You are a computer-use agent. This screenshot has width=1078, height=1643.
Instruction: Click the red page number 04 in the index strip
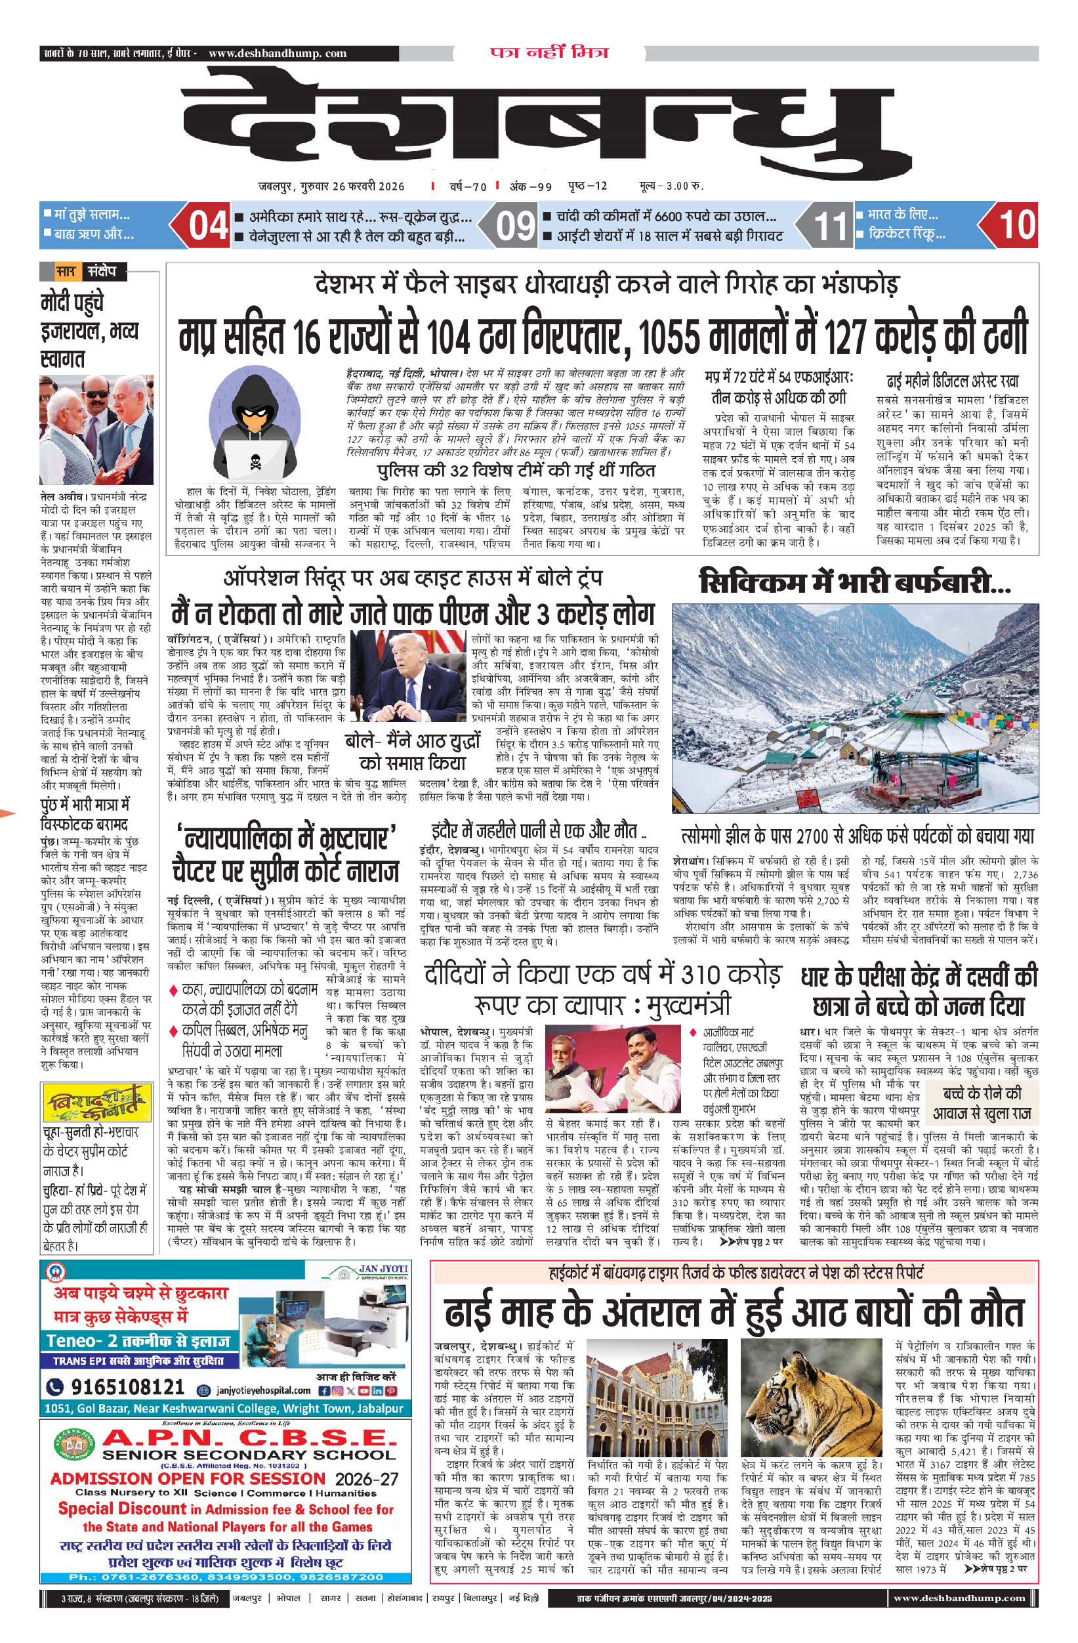pos(208,226)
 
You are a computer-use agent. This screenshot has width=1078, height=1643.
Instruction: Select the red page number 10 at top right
pos(1016,225)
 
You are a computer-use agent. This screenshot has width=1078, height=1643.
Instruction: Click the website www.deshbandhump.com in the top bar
pos(278,53)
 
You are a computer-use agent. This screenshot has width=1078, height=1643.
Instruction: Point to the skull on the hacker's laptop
pos(255,459)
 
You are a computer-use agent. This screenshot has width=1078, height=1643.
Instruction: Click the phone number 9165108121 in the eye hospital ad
pos(128,1386)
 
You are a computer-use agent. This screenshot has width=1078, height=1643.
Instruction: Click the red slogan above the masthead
pos(549,53)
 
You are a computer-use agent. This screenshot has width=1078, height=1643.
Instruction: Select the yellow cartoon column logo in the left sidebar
pos(97,1103)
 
